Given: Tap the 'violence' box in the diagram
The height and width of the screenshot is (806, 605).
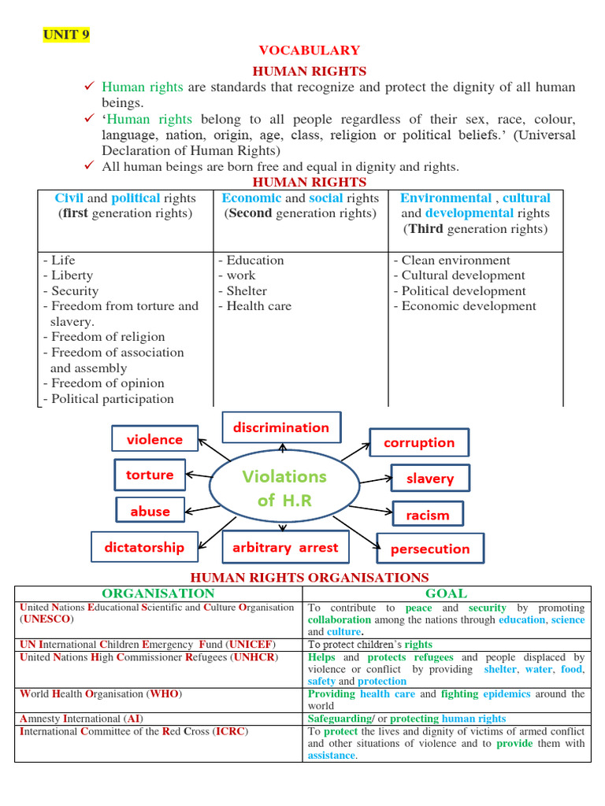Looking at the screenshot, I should pos(154,439).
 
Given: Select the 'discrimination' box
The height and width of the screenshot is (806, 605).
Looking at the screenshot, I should pos(281,427).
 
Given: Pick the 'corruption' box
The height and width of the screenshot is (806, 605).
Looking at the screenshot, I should pos(419,442).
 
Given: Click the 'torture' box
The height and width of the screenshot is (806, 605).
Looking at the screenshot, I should pos(150,475).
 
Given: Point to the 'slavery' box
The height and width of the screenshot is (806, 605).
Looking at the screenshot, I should pos(430,479).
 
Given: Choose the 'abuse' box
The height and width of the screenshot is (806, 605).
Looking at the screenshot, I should pos(150,511).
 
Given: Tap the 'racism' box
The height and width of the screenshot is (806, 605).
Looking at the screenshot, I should pos(428,515).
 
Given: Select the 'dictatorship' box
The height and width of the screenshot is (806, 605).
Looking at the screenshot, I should pos(144,547).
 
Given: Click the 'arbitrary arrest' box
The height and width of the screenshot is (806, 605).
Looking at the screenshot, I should pos(284,547).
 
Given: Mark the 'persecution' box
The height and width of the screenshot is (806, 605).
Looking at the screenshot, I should pos(430,549).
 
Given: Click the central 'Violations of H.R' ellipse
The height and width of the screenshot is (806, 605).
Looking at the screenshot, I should pos(284,488).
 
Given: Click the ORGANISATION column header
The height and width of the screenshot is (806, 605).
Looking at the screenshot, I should pos(158,593).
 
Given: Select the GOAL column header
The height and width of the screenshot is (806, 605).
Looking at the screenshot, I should pos(446,593).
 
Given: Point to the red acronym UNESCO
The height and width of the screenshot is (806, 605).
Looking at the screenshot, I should pos(46,619).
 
